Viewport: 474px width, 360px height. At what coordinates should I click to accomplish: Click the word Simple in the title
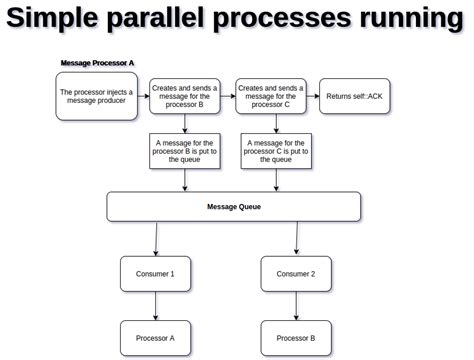55,21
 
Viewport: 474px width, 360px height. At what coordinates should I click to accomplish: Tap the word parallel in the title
172,21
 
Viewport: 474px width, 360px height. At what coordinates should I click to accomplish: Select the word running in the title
399,21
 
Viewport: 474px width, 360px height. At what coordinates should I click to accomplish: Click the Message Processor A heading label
97,63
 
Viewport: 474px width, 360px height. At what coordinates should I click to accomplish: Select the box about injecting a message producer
97,97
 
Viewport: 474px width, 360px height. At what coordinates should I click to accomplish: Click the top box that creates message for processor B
185,97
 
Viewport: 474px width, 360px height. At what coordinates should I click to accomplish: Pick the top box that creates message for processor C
271,97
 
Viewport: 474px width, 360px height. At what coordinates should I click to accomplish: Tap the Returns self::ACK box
353,97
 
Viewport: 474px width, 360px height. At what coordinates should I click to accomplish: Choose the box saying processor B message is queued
185,151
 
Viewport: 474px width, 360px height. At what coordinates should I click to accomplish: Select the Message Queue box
233,207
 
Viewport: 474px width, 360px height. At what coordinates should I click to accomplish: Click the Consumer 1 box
155,273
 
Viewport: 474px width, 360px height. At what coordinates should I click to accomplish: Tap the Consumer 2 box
296,273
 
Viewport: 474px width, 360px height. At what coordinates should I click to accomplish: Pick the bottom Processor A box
155,337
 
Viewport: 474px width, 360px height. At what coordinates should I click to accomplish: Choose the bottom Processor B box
296,337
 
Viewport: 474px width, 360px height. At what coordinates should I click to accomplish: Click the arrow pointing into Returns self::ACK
312,97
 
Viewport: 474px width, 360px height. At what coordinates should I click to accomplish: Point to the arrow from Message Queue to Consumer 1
156,238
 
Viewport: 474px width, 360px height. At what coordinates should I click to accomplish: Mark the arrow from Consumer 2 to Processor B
296,305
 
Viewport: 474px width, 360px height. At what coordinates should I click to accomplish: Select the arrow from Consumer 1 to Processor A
155,305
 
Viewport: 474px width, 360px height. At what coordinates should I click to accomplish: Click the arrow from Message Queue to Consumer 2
297,238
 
